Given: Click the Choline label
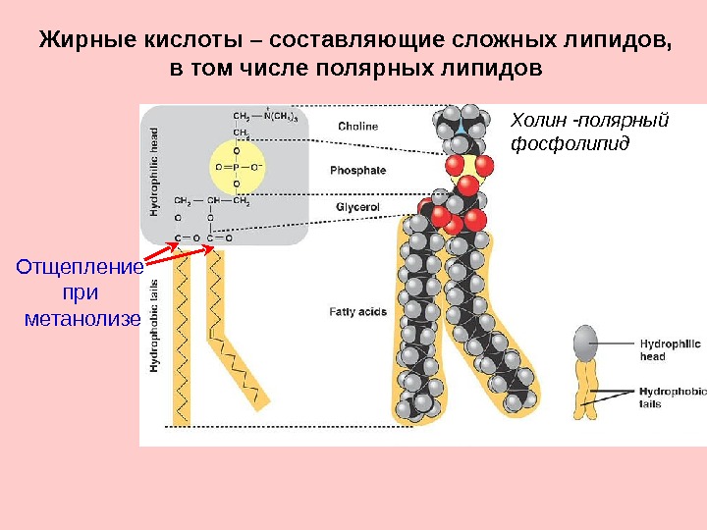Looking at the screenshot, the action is [357, 126].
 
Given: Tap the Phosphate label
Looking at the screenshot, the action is [357, 170].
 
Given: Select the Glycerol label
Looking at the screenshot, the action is [357, 208].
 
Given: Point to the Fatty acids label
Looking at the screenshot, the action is [357, 312].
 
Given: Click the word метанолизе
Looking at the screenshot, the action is [82, 319].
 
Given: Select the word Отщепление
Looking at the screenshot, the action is [79, 267].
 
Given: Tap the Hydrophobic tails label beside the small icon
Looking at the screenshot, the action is [672, 397].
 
